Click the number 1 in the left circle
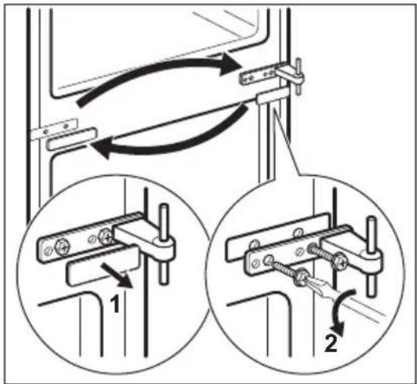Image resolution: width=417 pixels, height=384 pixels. coord(115,304)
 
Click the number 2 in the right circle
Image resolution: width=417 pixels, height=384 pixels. coord(331,343)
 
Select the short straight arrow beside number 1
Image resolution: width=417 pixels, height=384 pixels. coord(117,276)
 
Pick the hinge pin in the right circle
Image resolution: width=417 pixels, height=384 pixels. coord(372,257)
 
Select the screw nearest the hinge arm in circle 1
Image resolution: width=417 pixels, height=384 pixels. coord(105,236)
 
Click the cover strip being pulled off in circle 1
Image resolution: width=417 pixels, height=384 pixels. coord(102,265)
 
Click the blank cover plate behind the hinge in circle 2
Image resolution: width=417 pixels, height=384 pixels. coord(276,237)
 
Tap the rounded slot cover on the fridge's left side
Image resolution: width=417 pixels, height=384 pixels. coord(71,139)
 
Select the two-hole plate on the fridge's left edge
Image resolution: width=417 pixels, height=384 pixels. coord(53,128)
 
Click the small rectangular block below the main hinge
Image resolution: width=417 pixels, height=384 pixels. coord(272,95)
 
